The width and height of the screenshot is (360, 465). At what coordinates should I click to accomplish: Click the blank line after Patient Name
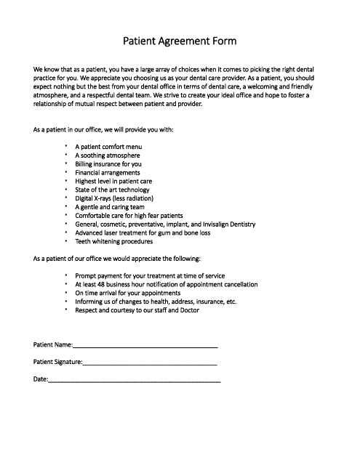145,346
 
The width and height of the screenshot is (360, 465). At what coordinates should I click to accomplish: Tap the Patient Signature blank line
150,363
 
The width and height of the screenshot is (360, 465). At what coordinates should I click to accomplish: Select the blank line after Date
135,380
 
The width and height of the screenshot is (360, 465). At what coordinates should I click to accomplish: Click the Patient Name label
52,344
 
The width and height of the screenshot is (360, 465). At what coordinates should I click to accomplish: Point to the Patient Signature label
57,361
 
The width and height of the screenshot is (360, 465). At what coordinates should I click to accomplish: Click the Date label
40,379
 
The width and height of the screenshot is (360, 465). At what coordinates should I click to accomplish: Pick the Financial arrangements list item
108,173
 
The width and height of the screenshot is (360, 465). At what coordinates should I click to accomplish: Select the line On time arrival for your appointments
127,293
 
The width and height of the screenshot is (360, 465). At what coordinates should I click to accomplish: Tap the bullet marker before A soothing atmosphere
66,155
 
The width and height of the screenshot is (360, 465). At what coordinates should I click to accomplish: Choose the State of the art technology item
112,190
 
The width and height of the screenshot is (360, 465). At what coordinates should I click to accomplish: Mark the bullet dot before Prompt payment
66,276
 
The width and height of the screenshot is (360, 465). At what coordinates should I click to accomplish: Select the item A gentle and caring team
108,207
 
